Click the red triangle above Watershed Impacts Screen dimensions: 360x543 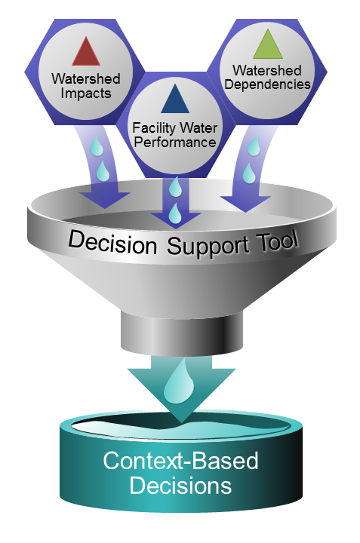tap(86, 54)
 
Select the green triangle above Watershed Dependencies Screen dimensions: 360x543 tap(268, 46)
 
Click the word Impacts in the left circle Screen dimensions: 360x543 tap(86, 94)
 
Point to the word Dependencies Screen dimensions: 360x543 tap(267, 84)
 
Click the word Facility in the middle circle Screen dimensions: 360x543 tap(154, 128)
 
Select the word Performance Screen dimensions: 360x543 tap(175, 143)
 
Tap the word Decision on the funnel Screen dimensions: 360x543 tap(112, 242)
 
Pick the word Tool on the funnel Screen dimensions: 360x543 tap(278, 241)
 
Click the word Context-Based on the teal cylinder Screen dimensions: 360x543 tap(180, 461)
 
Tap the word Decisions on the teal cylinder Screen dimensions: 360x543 tap(180, 486)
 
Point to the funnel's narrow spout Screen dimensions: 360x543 tap(182, 333)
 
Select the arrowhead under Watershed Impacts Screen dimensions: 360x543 tap(105, 200)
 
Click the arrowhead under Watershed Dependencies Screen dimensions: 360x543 tap(245, 204)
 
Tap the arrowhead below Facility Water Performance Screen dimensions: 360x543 tap(176, 220)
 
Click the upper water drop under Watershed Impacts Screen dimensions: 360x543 tap(97, 146)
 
